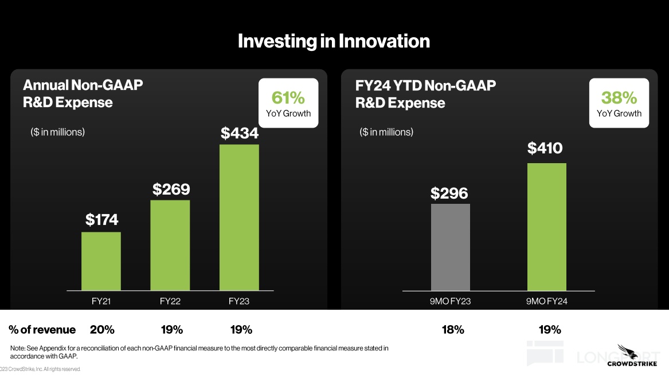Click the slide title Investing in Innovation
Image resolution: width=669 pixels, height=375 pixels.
[334, 41]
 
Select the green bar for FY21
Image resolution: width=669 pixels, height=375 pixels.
[101, 261]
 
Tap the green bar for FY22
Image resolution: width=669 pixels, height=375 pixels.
[170, 245]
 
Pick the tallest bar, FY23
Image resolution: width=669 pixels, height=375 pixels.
[239, 218]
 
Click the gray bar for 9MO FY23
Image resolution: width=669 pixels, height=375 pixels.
[450, 247]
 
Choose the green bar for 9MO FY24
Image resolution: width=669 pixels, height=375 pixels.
[546, 227]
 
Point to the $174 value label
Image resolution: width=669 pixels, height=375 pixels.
[101, 220]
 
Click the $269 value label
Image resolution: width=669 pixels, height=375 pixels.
[171, 189]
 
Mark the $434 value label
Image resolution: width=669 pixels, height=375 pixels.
[240, 133]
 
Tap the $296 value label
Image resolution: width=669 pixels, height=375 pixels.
[449, 194]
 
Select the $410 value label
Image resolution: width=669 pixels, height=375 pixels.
[545, 149]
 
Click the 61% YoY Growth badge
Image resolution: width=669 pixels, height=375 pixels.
[288, 103]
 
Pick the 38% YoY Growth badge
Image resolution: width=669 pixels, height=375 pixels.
[619, 103]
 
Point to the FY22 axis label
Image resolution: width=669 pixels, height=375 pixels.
[170, 302]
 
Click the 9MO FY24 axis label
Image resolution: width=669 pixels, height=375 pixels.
[546, 302]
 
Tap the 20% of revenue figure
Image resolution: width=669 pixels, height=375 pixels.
[102, 330]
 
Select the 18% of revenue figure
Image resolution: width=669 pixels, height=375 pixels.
[453, 330]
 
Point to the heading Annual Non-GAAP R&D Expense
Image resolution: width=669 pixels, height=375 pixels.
[83, 94]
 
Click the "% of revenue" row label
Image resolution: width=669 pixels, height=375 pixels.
[42, 330]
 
